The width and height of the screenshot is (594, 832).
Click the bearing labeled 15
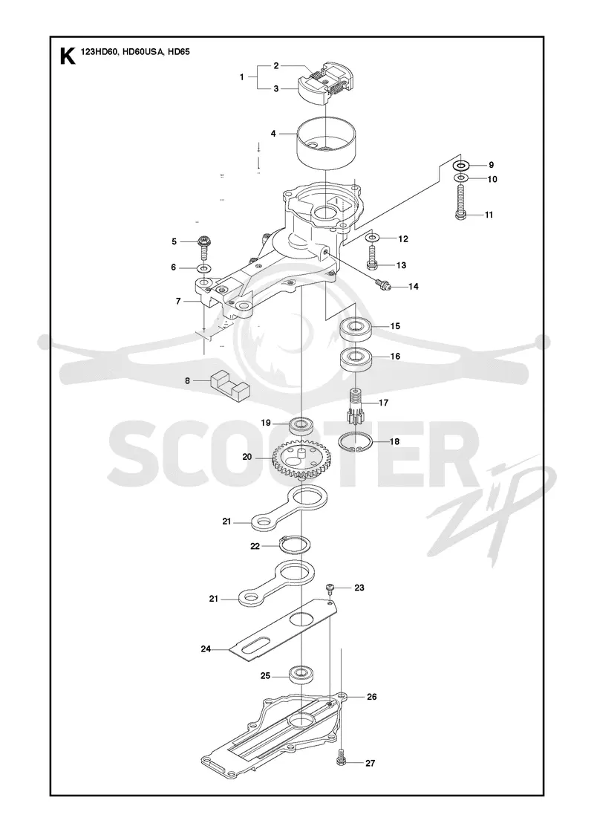[x=356, y=330]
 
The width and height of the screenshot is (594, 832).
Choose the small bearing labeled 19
[x=301, y=426]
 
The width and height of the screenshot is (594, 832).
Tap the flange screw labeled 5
[x=203, y=248]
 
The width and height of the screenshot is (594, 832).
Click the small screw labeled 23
[x=330, y=588]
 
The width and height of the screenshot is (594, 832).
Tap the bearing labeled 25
[x=301, y=675]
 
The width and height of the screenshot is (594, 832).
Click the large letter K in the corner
[x=67, y=56]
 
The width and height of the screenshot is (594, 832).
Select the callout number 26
[x=371, y=696]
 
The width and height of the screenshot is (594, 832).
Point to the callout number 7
[x=179, y=301]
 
